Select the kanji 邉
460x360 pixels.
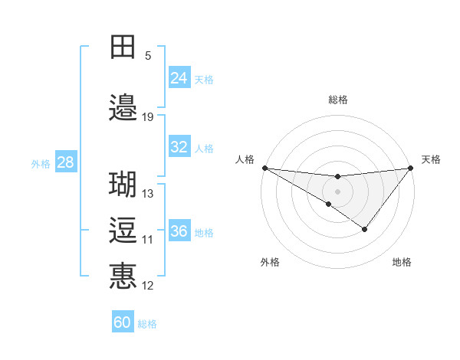tap(123, 108)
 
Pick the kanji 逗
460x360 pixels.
tap(123, 231)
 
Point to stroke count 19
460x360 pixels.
tap(148, 117)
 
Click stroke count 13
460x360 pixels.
tap(148, 194)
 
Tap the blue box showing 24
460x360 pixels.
tap(179, 78)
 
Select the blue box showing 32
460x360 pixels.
tap(179, 147)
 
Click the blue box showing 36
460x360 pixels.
tap(179, 231)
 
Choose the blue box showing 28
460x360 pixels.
tap(65, 162)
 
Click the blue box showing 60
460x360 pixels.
tap(123, 322)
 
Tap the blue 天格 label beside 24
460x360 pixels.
tap(204, 80)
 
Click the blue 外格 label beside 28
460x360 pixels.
tap(41, 163)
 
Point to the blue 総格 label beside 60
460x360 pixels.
tap(147, 324)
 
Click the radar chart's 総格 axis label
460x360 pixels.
tap(337, 100)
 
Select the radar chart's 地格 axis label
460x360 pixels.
tap(402, 262)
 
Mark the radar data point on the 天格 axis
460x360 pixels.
tap(410, 168)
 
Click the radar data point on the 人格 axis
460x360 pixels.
tap(264, 168)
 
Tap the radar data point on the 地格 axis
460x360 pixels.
tap(365, 229)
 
